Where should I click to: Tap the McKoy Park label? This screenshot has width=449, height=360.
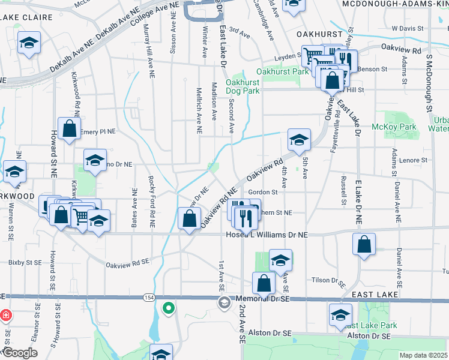[x=402, y=127]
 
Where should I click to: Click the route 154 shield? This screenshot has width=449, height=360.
[x=148, y=298]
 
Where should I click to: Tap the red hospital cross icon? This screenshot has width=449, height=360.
[x=6, y=315]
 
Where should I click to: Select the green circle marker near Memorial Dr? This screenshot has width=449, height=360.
[x=169, y=308]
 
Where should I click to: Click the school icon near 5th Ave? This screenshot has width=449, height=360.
[x=299, y=140]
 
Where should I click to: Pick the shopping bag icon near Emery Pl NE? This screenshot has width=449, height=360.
[x=70, y=128]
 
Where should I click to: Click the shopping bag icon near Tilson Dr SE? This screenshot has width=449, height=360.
[x=264, y=283]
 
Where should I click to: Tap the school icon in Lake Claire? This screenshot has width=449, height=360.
[x=28, y=44]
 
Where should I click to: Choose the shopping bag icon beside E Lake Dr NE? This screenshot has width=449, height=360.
[x=364, y=244]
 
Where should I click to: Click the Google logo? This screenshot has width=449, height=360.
[x=19, y=353]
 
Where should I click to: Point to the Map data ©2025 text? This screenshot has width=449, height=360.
[x=423, y=355]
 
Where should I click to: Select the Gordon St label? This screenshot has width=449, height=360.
[x=262, y=192]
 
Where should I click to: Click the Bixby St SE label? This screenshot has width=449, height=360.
[x=25, y=263]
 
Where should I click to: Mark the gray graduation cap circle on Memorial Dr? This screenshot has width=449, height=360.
[x=224, y=303]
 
